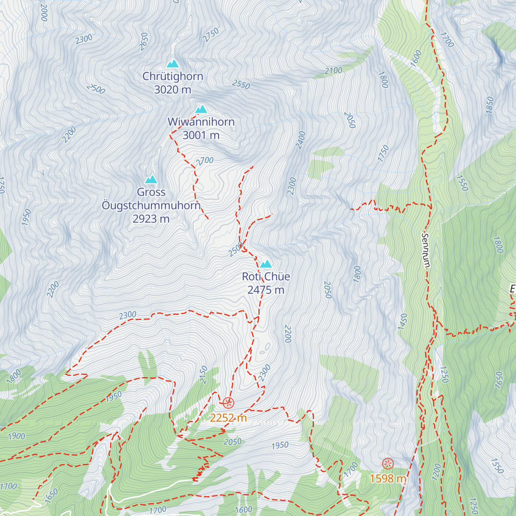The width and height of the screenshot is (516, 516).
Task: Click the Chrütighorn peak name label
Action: click(172, 77)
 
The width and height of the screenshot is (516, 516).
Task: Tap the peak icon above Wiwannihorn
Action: click(201, 109)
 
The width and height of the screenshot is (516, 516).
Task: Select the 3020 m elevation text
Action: click(172, 90)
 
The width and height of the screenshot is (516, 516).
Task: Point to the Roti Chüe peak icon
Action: click(266, 264)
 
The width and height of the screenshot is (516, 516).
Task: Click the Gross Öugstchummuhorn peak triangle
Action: click(151, 180)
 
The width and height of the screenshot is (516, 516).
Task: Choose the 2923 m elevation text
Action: click(151, 219)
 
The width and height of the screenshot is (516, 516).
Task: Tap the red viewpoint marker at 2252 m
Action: click(228, 403)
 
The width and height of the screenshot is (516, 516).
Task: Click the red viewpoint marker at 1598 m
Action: click(388, 464)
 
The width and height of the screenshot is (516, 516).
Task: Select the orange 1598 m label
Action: click(388, 478)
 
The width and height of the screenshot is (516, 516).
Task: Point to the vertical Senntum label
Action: click(426, 251)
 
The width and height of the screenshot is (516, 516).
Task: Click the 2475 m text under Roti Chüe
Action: click(266, 290)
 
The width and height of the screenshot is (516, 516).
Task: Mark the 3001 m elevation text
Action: click(201, 135)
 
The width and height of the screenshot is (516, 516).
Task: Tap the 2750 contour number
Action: click(211, 35)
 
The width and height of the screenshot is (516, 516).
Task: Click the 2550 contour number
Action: click(241, 84)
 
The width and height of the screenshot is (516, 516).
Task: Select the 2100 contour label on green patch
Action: click(334, 71)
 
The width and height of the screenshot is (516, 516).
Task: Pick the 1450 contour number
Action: click(402, 322)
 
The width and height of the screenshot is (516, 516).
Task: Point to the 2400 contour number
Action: click(301, 140)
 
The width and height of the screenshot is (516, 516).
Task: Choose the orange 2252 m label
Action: click(228, 418)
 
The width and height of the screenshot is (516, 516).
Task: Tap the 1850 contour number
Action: click(489, 105)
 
